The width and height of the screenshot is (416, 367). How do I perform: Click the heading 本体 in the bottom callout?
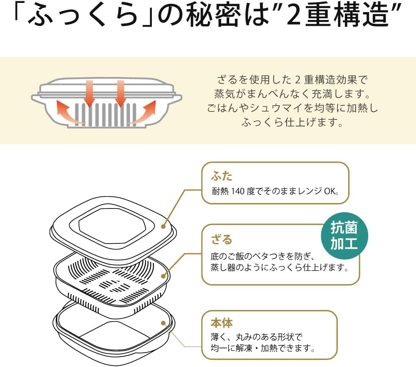[x=222, y=322]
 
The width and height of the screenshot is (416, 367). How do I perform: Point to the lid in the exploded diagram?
[x=112, y=227]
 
